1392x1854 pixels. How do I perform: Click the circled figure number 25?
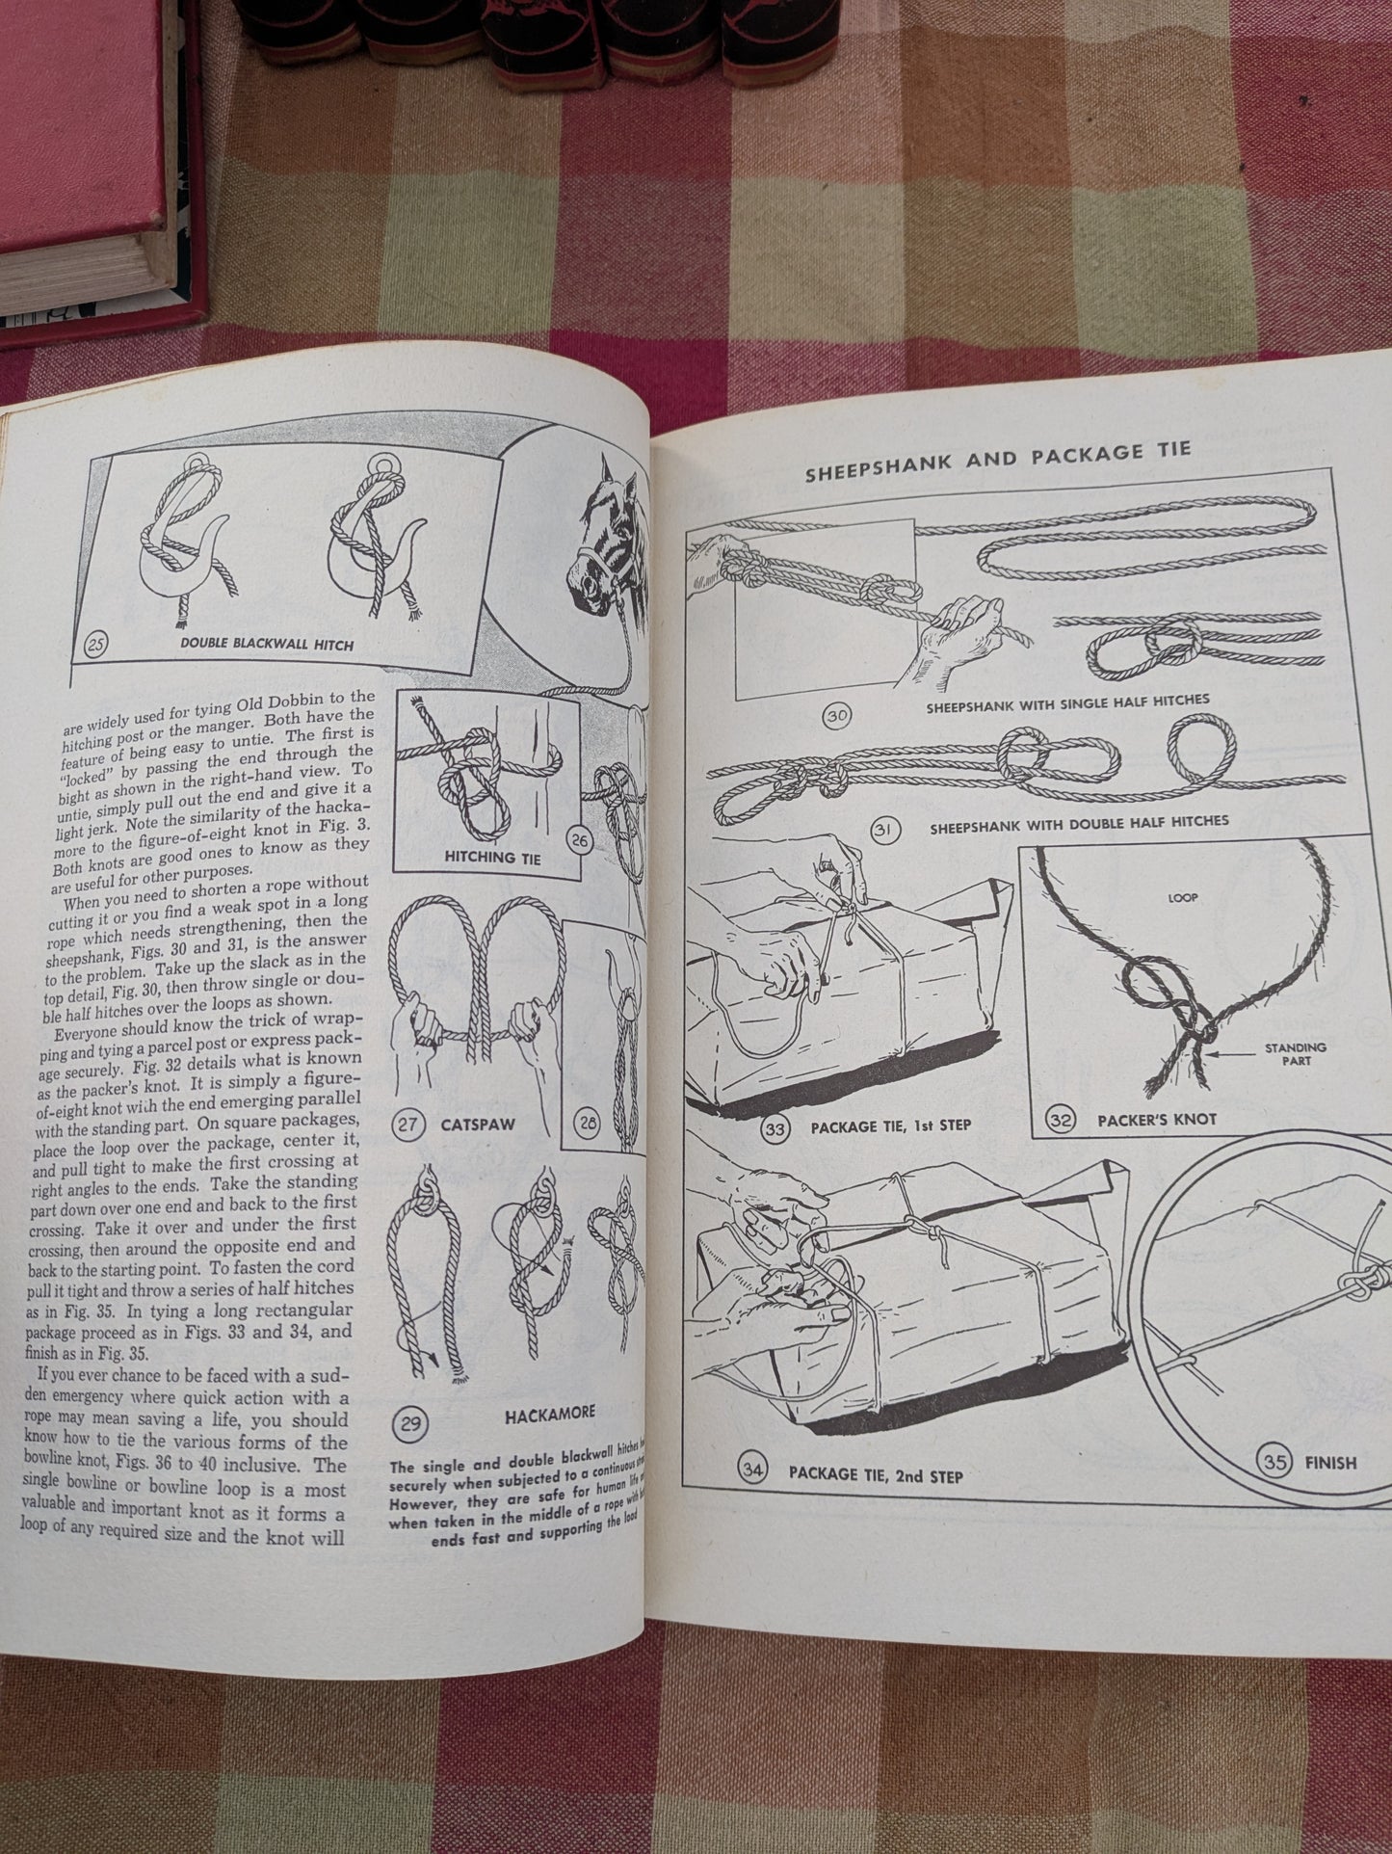click(93, 645)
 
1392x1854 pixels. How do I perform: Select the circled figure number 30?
click(835, 717)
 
